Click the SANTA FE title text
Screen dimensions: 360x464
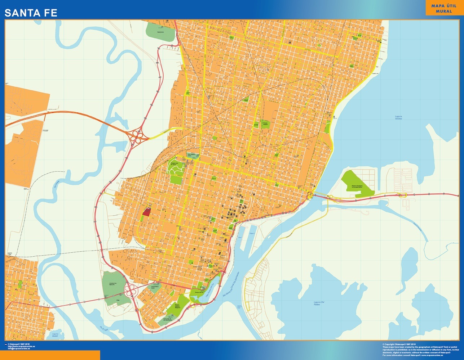point(31,13)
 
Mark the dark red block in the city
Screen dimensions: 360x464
point(146,212)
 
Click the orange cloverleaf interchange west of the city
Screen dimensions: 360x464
point(137,137)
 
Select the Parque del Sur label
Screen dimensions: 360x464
point(199,293)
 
